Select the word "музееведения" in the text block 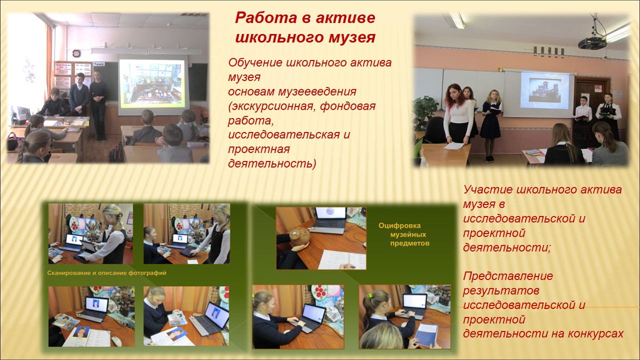(317, 91)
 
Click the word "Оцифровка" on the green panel (399, 225)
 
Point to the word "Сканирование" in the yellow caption (69, 273)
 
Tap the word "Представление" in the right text (508, 276)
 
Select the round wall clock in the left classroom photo (76, 53)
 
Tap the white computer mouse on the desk (116, 341)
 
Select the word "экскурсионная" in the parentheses (272, 106)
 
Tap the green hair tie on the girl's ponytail (370, 295)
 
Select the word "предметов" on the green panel (409, 243)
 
